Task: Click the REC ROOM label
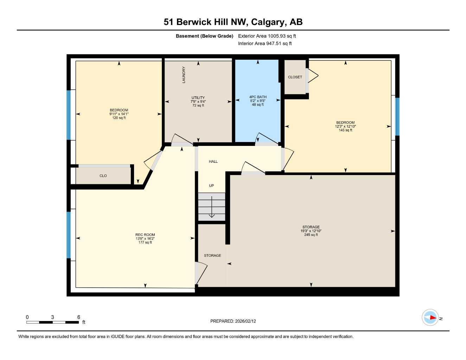pyautogui.click(x=145, y=235)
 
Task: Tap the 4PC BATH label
pyautogui.click(x=258, y=97)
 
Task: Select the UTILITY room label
pyautogui.click(x=198, y=98)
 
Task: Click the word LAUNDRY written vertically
pyautogui.click(x=184, y=75)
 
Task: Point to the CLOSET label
pyautogui.click(x=295, y=77)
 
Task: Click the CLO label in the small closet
pyautogui.click(x=103, y=176)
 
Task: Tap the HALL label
pyautogui.click(x=213, y=162)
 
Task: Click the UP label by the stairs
pyautogui.click(x=211, y=186)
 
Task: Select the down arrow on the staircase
pyautogui.click(x=211, y=207)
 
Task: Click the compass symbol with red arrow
pyautogui.click(x=430, y=317)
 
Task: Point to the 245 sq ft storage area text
pyautogui.click(x=311, y=235)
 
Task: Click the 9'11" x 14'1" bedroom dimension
pyautogui.click(x=119, y=114)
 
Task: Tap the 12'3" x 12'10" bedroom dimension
pyautogui.click(x=345, y=126)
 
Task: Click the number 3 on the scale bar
pyautogui.click(x=52, y=317)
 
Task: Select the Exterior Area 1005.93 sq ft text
pyautogui.click(x=267, y=36)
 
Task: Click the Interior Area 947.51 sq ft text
pyautogui.click(x=265, y=44)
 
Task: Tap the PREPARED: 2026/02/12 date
pyautogui.click(x=233, y=321)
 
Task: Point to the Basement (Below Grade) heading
pyautogui.click(x=204, y=36)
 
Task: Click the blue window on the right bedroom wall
pyautogui.click(x=397, y=116)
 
